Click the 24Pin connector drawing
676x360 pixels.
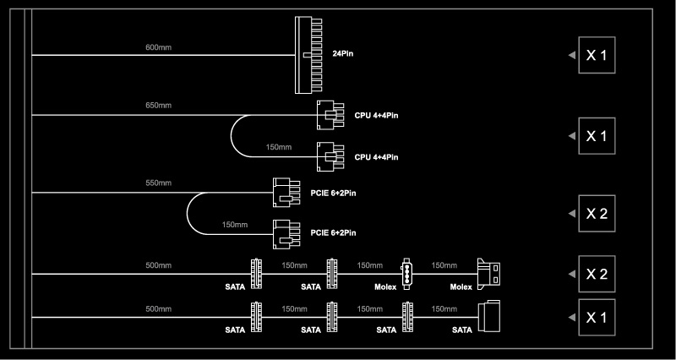click(308, 55)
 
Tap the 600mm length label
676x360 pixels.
click(158, 47)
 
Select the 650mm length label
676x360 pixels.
click(158, 105)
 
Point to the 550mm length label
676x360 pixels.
click(158, 183)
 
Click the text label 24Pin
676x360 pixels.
click(343, 54)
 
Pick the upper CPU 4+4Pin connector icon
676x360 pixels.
click(330, 115)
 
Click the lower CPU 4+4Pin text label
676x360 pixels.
click(376, 157)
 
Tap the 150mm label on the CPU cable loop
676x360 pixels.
click(279, 147)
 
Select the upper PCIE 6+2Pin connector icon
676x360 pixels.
click(286, 193)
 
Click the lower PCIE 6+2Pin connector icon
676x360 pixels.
click(286, 234)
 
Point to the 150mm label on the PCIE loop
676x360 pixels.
click(235, 225)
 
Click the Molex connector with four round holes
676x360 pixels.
click(407, 274)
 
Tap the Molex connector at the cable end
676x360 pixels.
click(489, 274)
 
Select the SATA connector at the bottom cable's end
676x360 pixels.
click(489, 317)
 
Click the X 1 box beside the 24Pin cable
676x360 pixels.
click(597, 55)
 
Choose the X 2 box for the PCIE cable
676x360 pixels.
click(597, 214)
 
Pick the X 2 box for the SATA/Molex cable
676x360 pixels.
click(597, 274)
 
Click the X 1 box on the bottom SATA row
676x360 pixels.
click(597, 317)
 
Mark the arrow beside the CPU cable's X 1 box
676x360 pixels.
click(572, 136)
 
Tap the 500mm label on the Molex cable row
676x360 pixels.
click(158, 265)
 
